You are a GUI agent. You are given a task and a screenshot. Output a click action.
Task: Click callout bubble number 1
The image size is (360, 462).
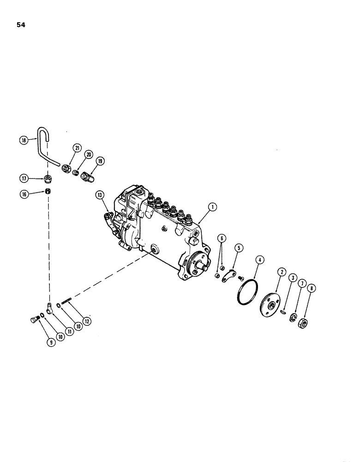coord(212,207)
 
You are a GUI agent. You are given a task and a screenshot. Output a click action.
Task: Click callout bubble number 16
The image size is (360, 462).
coord(24,195)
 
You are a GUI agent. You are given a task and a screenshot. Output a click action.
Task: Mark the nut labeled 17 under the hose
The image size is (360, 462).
coord(49,178)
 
